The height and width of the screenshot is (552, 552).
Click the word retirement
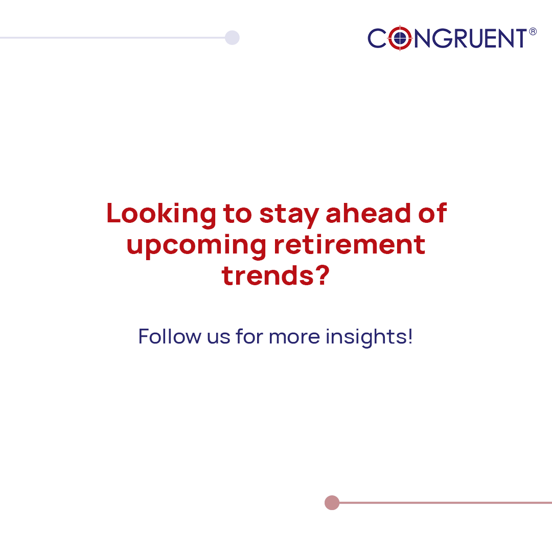point(349,244)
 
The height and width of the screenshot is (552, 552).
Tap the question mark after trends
point(320,275)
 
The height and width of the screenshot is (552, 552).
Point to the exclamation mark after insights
point(410,336)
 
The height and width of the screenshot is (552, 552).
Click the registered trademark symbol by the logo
point(533,32)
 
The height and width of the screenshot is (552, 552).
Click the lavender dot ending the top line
point(232,37)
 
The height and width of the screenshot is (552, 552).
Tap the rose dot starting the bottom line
point(332,503)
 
